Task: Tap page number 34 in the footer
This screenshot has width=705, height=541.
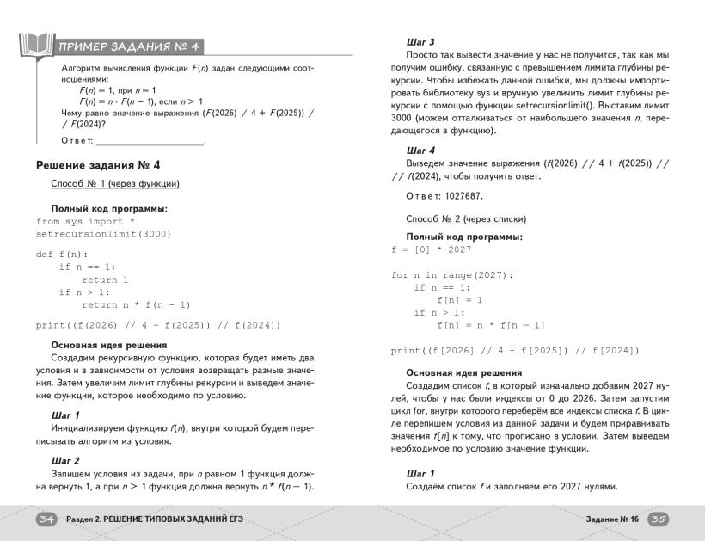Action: coord(46,519)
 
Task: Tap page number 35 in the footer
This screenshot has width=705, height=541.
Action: coord(658,519)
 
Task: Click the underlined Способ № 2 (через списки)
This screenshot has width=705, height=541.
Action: coord(466,218)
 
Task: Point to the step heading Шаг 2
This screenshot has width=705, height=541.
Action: coord(65,460)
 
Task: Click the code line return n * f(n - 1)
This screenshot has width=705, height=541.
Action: coord(136,304)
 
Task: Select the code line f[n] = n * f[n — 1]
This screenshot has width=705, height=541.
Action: coord(491,325)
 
